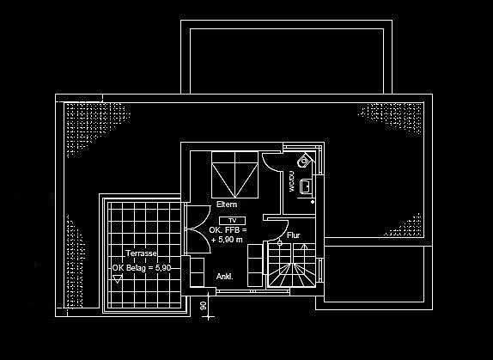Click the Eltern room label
(227, 204)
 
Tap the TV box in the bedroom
(232, 221)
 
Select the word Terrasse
(141, 253)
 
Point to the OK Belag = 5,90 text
(142, 268)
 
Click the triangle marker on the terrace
(118, 279)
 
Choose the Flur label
(294, 235)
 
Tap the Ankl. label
(225, 277)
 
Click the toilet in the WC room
(304, 161)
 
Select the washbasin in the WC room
(306, 186)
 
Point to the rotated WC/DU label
(291, 181)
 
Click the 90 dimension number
(203, 305)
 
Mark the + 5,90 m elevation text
(227, 240)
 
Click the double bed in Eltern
(234, 174)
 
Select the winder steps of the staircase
(291, 275)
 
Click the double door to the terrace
(198, 229)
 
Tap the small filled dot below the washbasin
(313, 202)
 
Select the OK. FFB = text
(228, 230)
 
